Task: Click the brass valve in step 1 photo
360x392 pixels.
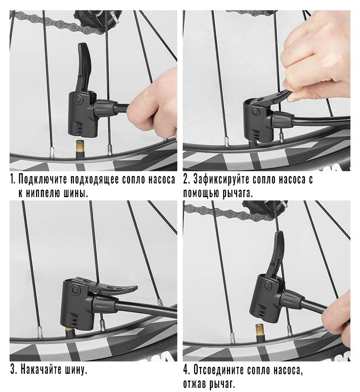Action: tap(80, 149)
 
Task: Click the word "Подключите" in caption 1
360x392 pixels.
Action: tap(42, 180)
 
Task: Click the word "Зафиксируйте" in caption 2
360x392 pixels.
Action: tap(221, 180)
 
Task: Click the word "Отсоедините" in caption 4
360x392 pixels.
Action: tap(219, 370)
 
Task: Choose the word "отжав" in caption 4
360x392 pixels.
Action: tap(195, 383)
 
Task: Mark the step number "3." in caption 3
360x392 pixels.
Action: tap(14, 369)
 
